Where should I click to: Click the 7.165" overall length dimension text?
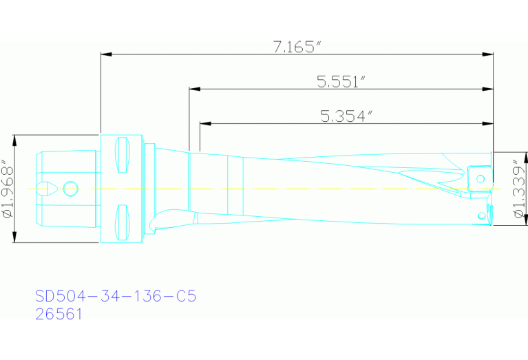tap(297, 47)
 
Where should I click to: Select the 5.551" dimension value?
tap(340, 82)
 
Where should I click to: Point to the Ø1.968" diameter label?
tap(8, 189)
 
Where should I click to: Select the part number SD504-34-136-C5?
tap(116, 297)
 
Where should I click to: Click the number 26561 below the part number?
tap(59, 315)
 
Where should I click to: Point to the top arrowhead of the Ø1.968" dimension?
tap(14, 138)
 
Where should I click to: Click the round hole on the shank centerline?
tap(70, 188)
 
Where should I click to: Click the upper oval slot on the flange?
tap(123, 155)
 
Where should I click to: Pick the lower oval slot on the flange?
tap(123, 222)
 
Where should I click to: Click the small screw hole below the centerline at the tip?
tap(482, 217)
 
